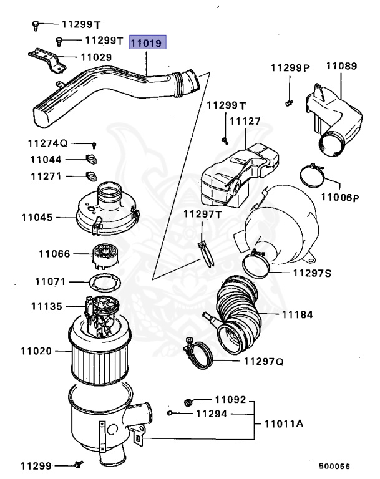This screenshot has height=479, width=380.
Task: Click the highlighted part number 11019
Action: point(147,44)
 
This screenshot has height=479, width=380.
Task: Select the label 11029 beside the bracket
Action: point(95,57)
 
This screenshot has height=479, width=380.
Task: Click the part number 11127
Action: point(245,121)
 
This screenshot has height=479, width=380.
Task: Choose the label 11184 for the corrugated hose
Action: point(297,315)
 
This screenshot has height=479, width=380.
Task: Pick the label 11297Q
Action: point(263,361)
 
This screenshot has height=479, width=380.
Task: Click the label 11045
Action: point(37,218)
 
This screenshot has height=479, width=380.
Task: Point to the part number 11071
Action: point(50,282)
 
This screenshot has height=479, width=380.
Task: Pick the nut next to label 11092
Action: point(189,400)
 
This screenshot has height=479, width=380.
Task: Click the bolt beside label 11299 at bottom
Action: point(79,464)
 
